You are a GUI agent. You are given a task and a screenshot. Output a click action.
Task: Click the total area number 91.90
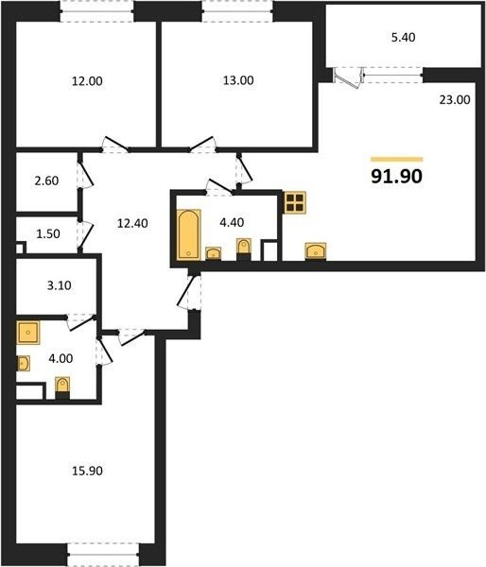point(396,177)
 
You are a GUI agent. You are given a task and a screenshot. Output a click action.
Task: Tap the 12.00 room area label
point(87,81)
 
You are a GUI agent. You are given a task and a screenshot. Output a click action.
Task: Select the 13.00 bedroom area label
point(238,80)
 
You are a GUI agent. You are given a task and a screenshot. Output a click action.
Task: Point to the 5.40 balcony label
point(403,37)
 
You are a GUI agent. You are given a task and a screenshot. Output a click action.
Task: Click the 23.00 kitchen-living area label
point(455,99)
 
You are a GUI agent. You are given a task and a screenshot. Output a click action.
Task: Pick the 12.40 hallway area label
point(132,223)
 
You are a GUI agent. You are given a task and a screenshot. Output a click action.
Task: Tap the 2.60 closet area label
point(46,180)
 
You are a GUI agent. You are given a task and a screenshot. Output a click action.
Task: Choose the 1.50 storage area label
point(48,234)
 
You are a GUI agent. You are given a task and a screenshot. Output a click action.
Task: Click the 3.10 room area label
point(60,285)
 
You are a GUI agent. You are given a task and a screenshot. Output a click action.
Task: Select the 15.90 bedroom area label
point(87,471)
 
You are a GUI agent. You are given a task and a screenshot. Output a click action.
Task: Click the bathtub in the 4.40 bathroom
point(188,234)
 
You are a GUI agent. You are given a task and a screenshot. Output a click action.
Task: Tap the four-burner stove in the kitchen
point(295,202)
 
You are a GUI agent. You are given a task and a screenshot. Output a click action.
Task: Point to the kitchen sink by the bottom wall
point(316,251)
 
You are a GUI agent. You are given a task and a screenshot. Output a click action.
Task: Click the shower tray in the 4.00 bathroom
point(27,333)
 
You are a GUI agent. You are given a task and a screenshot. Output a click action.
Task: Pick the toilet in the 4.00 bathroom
point(62,387)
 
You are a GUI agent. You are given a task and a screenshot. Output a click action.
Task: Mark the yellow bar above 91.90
point(396,159)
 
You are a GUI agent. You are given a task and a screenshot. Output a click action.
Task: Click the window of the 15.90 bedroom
point(103,555)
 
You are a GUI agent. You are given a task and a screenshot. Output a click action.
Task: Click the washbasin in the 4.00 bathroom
point(23,364)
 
